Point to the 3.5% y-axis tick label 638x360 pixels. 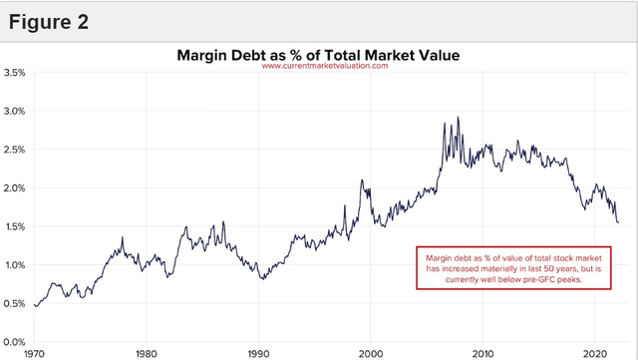pos(15,73)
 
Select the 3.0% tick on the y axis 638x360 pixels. pos(15,112)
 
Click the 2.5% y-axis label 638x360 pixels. pos(15,150)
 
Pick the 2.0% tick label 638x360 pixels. pos(15,188)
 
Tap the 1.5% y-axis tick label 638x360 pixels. pos(15,226)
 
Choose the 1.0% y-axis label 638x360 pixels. pos(15,265)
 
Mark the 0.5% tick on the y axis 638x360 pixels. pos(15,303)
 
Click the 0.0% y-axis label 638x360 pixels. pos(15,342)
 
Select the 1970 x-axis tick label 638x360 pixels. pos(34,352)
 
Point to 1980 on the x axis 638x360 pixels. pos(147,352)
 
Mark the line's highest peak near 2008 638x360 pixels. pos(459,118)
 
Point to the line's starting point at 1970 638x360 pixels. pos(35,305)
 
